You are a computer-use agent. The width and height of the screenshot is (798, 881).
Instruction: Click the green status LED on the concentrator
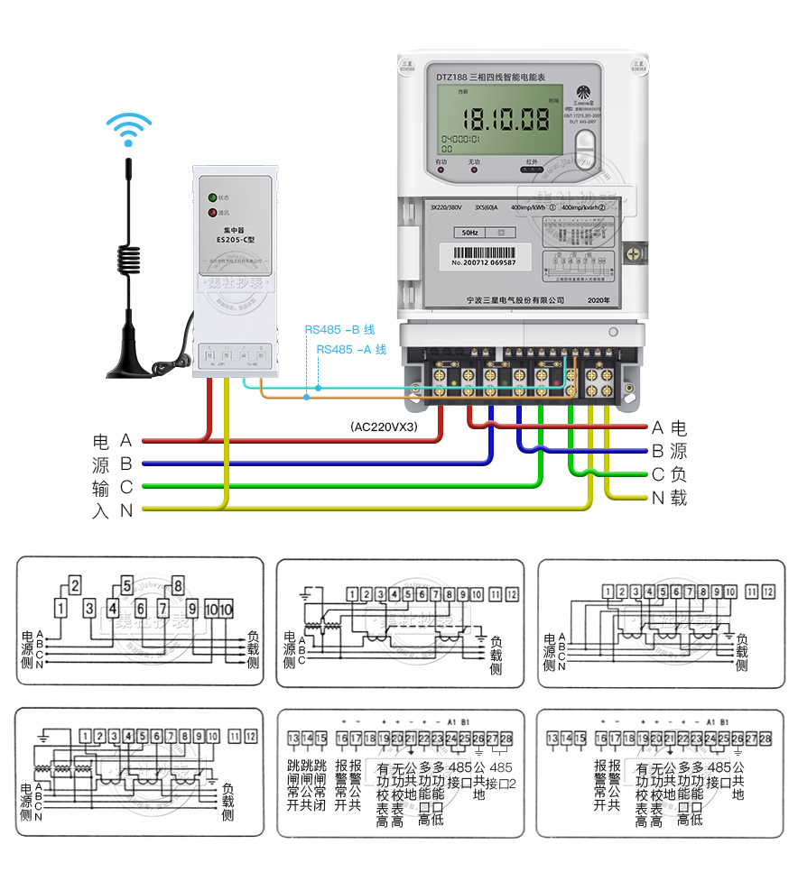pyautogui.click(x=212, y=197)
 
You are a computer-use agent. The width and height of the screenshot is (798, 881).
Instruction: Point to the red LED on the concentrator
pyautogui.click(x=212, y=213)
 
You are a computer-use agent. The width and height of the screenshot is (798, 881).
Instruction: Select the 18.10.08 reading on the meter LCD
pyautogui.click(x=505, y=118)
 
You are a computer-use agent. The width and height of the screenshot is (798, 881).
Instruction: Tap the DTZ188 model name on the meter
pyautogui.click(x=451, y=78)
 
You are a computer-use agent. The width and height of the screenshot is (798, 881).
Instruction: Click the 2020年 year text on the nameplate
pyautogui.click(x=598, y=299)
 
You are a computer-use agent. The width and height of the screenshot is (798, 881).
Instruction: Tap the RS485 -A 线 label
pyautogui.click(x=351, y=349)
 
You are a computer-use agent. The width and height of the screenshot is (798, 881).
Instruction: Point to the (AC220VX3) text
pyautogui.click(x=384, y=427)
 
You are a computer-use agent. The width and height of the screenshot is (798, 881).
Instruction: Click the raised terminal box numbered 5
pyautogui.click(x=127, y=584)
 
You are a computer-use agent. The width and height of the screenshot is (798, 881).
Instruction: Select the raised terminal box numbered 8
pyautogui.click(x=178, y=584)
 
